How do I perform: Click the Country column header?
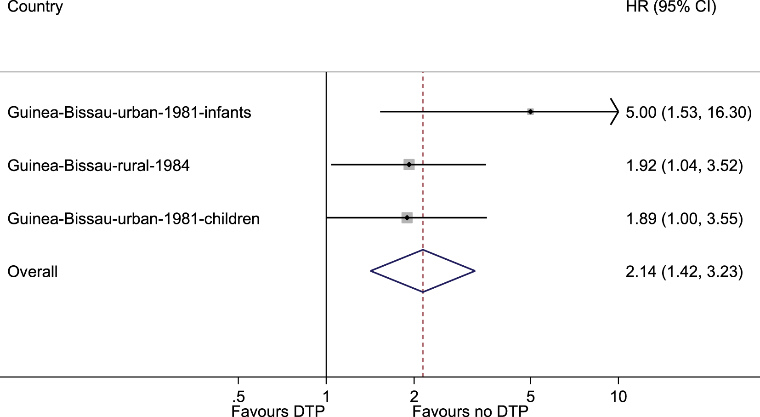35,6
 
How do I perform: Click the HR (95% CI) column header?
670,6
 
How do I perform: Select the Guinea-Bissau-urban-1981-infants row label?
129,112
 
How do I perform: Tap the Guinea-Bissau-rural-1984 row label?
98,166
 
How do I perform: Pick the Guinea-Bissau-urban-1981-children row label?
133,218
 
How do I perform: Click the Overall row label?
33,272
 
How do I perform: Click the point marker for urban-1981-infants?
530,112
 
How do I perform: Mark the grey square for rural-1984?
409,165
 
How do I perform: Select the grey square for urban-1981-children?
407,218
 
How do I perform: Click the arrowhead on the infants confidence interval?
615,112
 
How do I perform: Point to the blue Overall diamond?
423,271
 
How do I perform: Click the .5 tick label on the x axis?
238,397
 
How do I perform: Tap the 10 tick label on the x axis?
618,397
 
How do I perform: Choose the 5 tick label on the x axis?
530,397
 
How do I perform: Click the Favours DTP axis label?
278,411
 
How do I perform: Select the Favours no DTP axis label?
470,411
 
